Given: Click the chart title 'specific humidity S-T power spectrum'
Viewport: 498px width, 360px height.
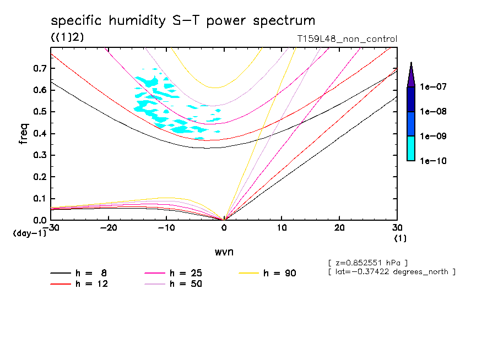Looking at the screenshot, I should tap(183, 21).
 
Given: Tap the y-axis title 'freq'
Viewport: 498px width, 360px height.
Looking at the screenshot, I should tap(24, 134).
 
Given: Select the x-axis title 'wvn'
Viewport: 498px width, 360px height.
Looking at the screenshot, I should tap(224, 252).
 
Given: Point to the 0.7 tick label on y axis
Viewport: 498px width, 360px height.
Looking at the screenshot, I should tap(39, 68).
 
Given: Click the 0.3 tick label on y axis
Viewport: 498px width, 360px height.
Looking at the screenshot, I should tap(39, 155).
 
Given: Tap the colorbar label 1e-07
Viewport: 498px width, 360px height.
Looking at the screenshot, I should tap(434, 87).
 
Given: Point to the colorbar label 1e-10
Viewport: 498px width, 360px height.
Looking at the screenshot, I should tap(434, 161).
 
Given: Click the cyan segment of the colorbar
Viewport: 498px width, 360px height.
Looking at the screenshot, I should tap(410, 149).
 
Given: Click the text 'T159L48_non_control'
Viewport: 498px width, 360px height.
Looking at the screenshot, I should tap(347, 39).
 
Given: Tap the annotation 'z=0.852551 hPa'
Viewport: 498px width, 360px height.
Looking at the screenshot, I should tap(367, 262).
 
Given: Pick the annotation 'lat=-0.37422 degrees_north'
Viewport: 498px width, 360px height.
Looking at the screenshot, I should tap(391, 271).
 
